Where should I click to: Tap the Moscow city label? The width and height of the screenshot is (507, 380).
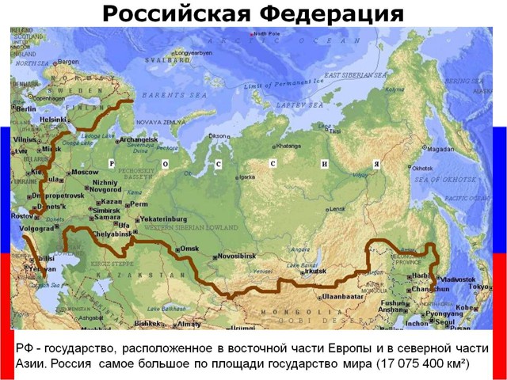click(84, 172)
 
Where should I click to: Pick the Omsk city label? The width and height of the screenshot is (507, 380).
click(189, 249)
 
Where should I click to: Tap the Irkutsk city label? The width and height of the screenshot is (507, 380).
click(314, 271)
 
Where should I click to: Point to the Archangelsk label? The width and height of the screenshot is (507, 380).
click(139, 140)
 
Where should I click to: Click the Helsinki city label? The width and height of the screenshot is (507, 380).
click(53, 120)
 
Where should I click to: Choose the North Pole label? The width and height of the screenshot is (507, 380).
click(266, 34)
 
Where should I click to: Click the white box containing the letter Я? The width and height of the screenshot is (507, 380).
click(377, 164)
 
